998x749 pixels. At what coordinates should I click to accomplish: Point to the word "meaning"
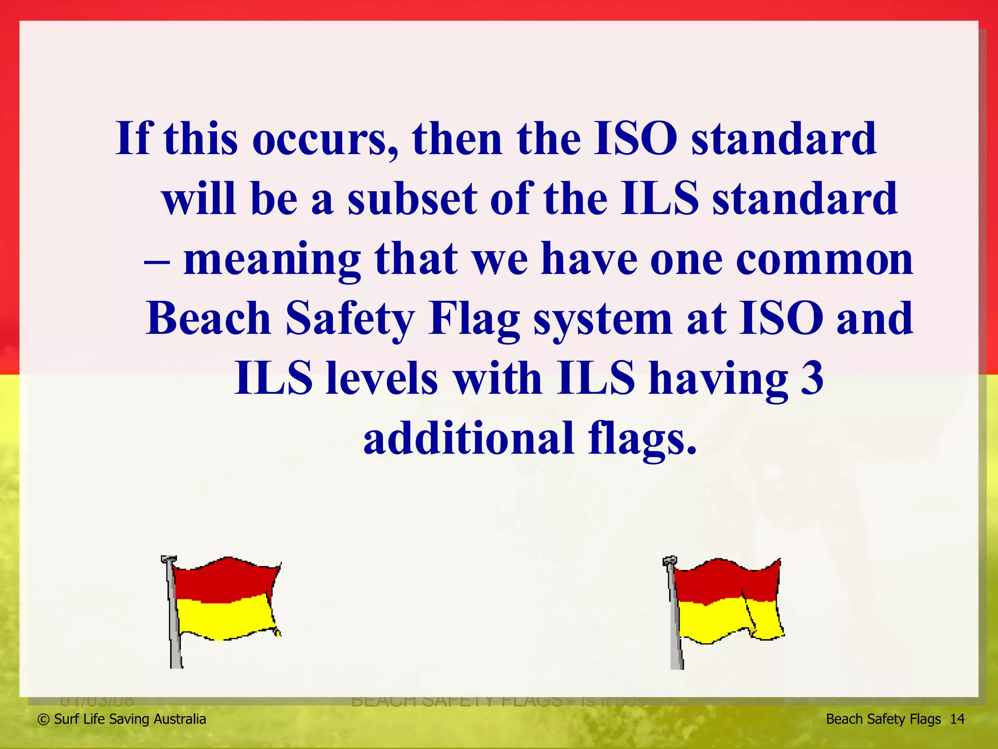tap(272, 260)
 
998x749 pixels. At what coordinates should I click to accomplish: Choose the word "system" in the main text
tap(603, 320)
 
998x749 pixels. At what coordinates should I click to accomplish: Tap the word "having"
tap(718, 379)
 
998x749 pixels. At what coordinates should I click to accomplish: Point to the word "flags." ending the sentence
tap(642, 439)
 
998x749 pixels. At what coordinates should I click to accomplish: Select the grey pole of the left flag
tap(173, 634)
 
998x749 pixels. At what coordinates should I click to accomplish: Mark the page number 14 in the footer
tap(957, 719)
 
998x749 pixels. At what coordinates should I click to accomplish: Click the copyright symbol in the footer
tap(44, 719)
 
